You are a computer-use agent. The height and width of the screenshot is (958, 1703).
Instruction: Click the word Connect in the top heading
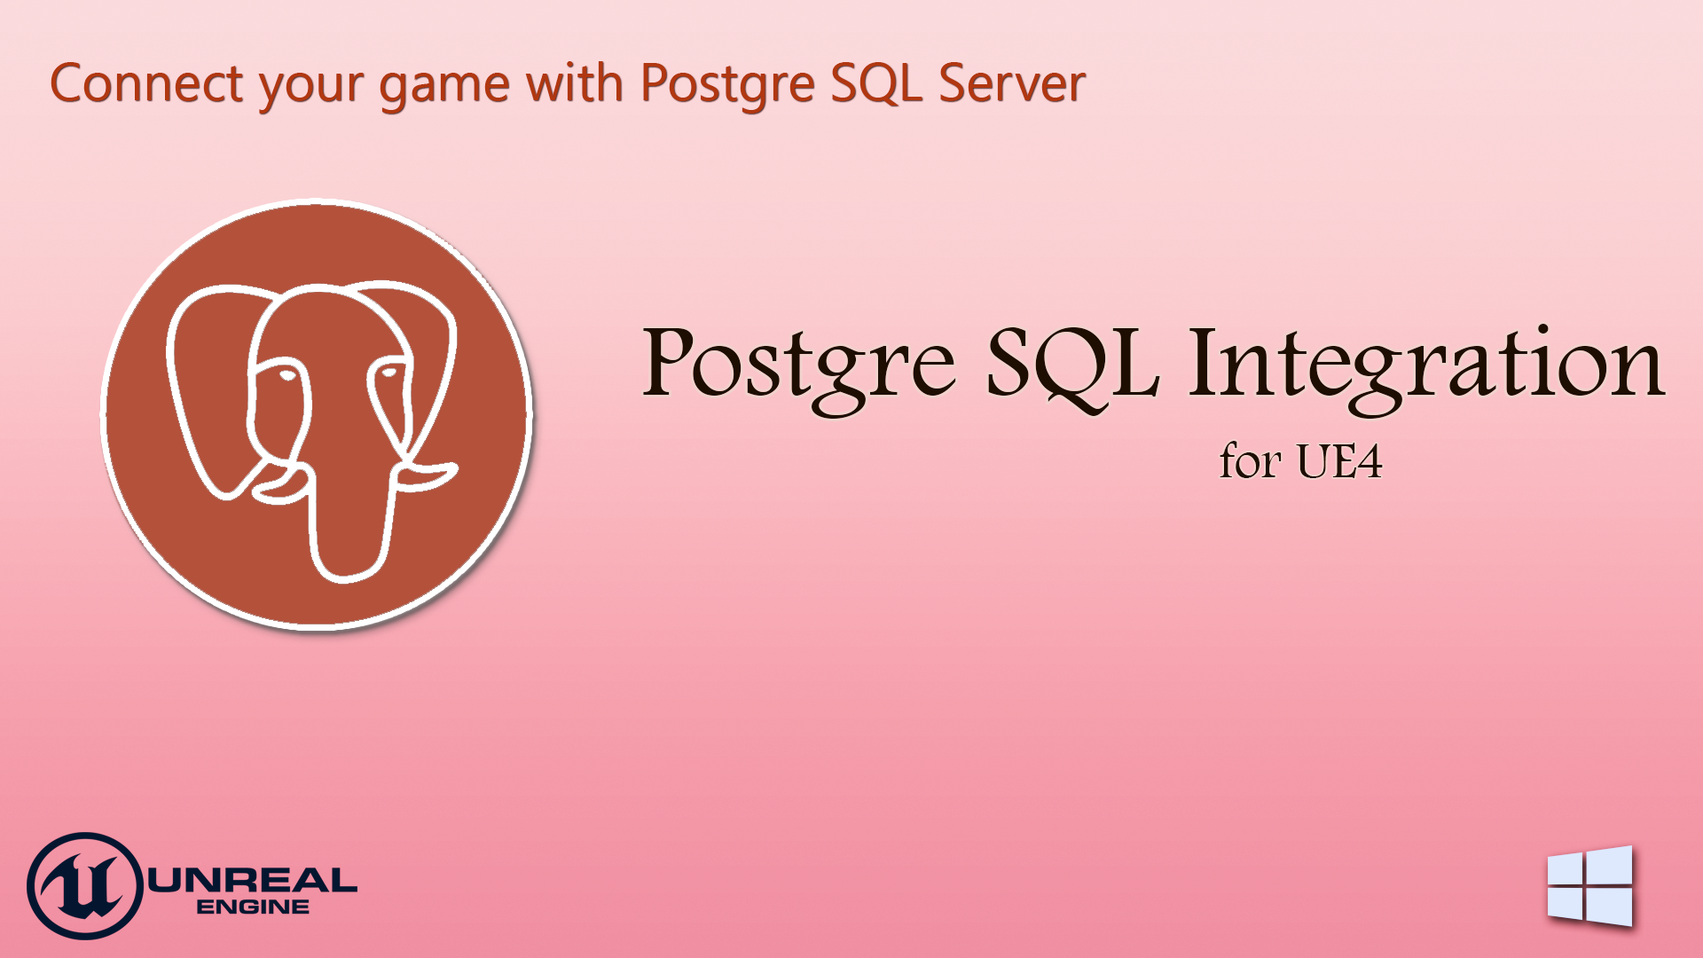tap(145, 84)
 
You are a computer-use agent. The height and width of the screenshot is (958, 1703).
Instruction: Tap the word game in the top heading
tap(444, 87)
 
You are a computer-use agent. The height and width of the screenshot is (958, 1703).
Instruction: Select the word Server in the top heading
tap(1012, 84)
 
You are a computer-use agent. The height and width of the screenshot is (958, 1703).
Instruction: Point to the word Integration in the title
tap(1425, 364)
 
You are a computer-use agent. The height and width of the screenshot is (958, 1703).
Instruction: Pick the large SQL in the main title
tap(1072, 364)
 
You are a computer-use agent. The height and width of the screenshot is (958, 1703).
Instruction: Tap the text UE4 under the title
tap(1338, 462)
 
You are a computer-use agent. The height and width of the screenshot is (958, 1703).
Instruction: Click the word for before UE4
tap(1250, 462)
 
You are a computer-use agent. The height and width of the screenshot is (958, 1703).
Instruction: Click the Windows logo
tap(1589, 885)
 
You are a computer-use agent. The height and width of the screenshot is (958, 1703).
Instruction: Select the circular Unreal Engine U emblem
tap(84, 885)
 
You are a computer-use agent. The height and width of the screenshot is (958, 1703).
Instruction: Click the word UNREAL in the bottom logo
tap(253, 880)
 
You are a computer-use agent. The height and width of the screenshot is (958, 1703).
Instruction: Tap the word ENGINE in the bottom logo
tap(253, 907)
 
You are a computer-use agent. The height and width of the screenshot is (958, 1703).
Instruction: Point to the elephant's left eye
tap(287, 376)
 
